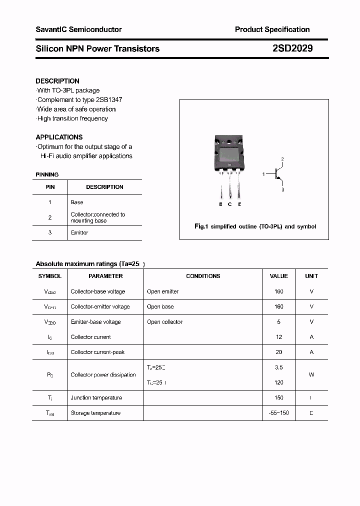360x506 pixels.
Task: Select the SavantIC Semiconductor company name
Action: click(78, 29)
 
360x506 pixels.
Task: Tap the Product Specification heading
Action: click(272, 29)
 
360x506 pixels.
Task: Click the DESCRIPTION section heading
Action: click(57, 81)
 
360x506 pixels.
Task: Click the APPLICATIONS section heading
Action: click(59, 137)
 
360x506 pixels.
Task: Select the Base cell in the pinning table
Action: click(77, 202)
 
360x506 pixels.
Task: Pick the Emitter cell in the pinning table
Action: click(79, 232)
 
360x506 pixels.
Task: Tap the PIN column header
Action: click(50, 187)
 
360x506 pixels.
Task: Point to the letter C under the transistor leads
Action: click(230, 204)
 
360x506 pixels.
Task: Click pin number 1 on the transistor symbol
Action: click(263, 174)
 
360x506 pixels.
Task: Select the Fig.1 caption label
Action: click(200, 226)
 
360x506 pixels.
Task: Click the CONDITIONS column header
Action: click(203, 276)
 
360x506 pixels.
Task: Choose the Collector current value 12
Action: click(279, 337)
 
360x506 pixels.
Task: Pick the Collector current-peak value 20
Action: click(279, 352)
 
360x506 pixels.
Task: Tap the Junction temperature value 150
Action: click(279, 397)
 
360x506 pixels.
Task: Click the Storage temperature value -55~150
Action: click(279, 413)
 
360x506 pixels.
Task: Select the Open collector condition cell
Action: click(165, 322)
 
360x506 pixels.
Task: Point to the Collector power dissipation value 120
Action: click(279, 382)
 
